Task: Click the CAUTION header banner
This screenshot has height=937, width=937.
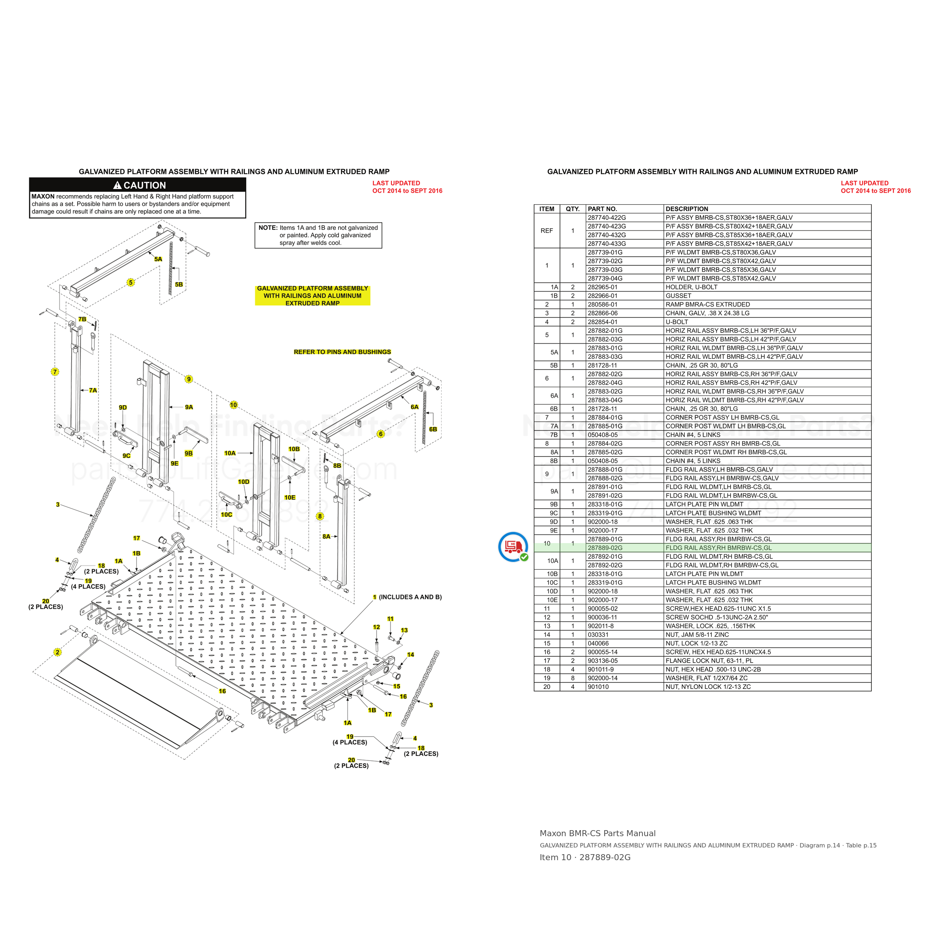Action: pyautogui.click(x=138, y=185)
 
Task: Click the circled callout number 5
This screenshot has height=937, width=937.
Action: pyautogui.click(x=130, y=283)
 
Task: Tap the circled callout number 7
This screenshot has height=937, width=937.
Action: pyautogui.click(x=55, y=372)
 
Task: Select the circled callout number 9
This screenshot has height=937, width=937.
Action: pyautogui.click(x=189, y=379)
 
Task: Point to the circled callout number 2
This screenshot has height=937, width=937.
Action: pyautogui.click(x=57, y=652)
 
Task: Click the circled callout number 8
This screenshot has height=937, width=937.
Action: pyautogui.click(x=320, y=516)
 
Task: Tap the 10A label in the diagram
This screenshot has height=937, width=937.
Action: pyautogui.click(x=230, y=453)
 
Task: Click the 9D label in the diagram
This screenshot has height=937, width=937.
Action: pyautogui.click(x=123, y=407)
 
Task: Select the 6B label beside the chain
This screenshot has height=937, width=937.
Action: pyautogui.click(x=433, y=429)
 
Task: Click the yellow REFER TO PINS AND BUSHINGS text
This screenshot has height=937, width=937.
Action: pyautogui.click(x=343, y=352)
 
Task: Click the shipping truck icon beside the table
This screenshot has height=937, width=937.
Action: pyautogui.click(x=513, y=546)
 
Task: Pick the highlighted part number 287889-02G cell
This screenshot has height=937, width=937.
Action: pyautogui.click(x=605, y=548)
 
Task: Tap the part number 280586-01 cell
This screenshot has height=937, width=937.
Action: pyautogui.click(x=603, y=305)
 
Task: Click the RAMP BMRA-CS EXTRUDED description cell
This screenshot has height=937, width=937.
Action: pyautogui.click(x=708, y=305)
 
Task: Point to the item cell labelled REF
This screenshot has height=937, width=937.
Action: pyautogui.click(x=546, y=231)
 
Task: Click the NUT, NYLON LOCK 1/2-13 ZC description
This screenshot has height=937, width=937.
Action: pyautogui.click(x=708, y=687)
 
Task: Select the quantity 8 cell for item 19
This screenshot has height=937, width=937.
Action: pyautogui.click(x=573, y=678)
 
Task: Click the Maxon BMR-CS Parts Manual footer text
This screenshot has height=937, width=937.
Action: pyautogui.click(x=597, y=834)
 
